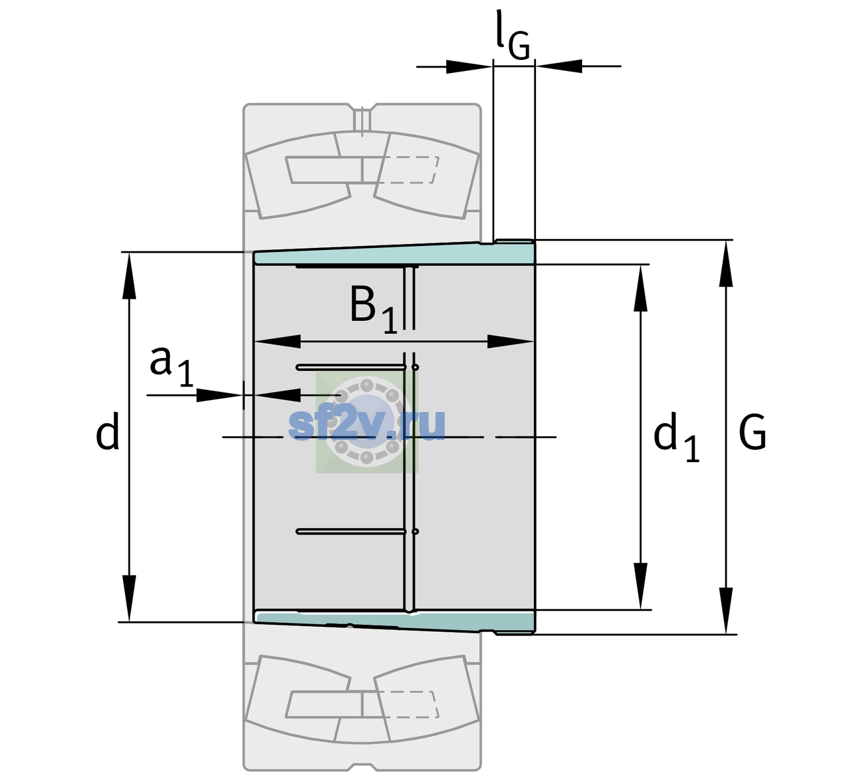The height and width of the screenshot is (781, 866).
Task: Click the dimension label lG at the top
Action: (512, 36)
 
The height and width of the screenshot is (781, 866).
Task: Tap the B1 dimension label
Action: (373, 308)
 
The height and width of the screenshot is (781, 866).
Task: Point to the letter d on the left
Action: (107, 431)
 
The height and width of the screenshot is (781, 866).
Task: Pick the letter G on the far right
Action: (752, 432)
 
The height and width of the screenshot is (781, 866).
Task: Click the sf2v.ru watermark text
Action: (367, 424)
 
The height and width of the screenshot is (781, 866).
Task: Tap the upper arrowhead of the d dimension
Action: (129, 275)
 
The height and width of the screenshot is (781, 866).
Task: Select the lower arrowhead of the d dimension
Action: (129, 599)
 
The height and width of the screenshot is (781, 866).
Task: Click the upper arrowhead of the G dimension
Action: (726, 263)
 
